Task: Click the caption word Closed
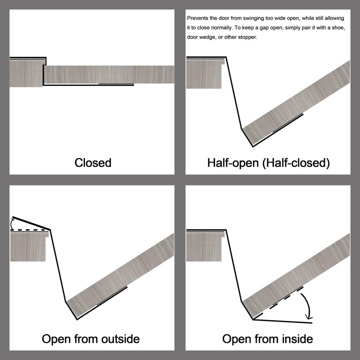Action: [x=93, y=163]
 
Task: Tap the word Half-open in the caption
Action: [x=233, y=163]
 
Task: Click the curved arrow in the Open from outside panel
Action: [x=12, y=223]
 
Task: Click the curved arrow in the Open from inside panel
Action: [x=307, y=306]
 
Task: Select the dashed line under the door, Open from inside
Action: [x=278, y=303]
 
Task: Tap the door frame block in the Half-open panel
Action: [x=205, y=73]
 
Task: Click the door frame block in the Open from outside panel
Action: [x=29, y=246]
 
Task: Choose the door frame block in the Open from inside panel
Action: [x=205, y=246]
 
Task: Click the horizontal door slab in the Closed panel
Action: [x=109, y=75]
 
